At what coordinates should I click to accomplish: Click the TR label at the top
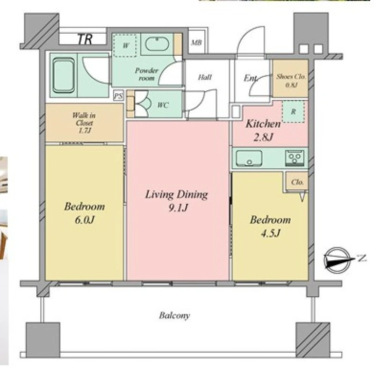click(x=85, y=39)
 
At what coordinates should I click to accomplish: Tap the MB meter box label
click(x=196, y=43)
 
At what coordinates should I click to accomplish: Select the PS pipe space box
click(x=118, y=96)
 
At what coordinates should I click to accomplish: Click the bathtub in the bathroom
click(x=64, y=75)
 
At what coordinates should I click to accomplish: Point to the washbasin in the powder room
click(x=157, y=44)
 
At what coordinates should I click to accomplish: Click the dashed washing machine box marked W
click(x=125, y=45)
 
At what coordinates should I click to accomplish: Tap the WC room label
click(x=163, y=105)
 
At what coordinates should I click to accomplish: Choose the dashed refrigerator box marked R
click(x=294, y=111)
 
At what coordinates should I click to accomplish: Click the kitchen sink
click(x=249, y=158)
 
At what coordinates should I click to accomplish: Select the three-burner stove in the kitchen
click(x=295, y=158)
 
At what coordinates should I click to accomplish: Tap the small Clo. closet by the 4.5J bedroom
click(x=297, y=182)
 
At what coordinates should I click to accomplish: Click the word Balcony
click(x=174, y=316)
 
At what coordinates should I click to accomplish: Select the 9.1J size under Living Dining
click(x=178, y=207)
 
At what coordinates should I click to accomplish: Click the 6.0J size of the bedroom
click(x=85, y=220)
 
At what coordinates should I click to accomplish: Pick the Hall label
click(x=205, y=77)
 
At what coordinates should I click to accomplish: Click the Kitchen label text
click(x=263, y=124)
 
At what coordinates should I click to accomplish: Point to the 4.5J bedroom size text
click(x=271, y=233)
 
